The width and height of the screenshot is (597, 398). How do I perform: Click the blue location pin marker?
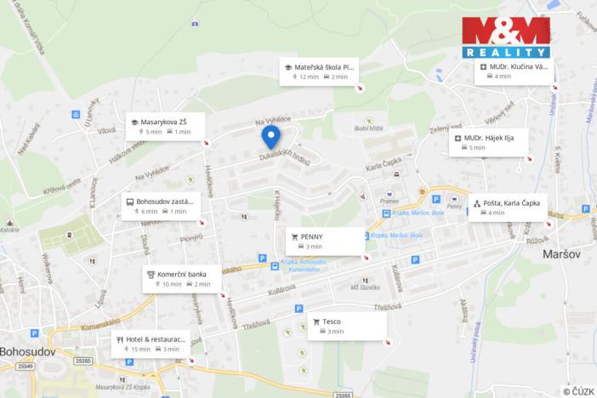271,136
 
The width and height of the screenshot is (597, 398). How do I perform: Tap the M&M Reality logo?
505,37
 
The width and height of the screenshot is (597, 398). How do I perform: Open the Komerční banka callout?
182,279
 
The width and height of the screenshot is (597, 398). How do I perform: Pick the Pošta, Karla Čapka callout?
507,208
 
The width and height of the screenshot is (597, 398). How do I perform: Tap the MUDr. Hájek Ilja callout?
489,141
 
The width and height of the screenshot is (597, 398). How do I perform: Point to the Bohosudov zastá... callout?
162,206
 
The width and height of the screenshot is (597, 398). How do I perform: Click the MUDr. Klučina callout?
513,71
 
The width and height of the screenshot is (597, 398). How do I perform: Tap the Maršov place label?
560,253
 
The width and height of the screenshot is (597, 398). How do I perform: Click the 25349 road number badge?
26,367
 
